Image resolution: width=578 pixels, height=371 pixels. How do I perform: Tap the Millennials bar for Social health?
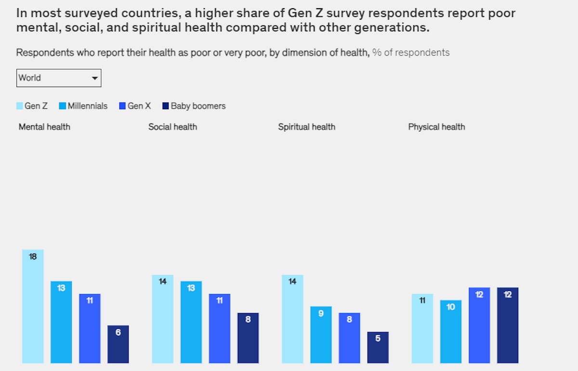[x=191, y=322]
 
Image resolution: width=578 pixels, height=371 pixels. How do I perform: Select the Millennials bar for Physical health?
[x=450, y=332]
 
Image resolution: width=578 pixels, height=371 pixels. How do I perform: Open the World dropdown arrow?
[x=94, y=78]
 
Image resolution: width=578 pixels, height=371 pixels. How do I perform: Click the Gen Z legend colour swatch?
[x=20, y=106]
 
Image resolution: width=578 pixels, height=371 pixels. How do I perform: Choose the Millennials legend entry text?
[x=87, y=106]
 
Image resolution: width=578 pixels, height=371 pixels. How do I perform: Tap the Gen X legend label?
[x=139, y=106]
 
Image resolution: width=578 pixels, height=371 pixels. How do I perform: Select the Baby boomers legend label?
[x=198, y=106]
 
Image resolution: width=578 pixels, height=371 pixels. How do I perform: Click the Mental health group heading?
[x=44, y=127]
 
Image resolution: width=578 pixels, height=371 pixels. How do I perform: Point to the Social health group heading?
[x=172, y=127]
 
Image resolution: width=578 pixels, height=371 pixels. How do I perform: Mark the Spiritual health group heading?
[x=306, y=127]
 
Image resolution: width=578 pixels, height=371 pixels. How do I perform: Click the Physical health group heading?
[x=436, y=127]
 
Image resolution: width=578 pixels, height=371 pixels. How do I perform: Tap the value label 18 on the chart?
[x=33, y=257]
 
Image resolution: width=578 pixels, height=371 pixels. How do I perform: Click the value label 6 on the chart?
[x=118, y=333]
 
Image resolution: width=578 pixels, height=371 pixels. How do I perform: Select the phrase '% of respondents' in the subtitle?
[x=411, y=52]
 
